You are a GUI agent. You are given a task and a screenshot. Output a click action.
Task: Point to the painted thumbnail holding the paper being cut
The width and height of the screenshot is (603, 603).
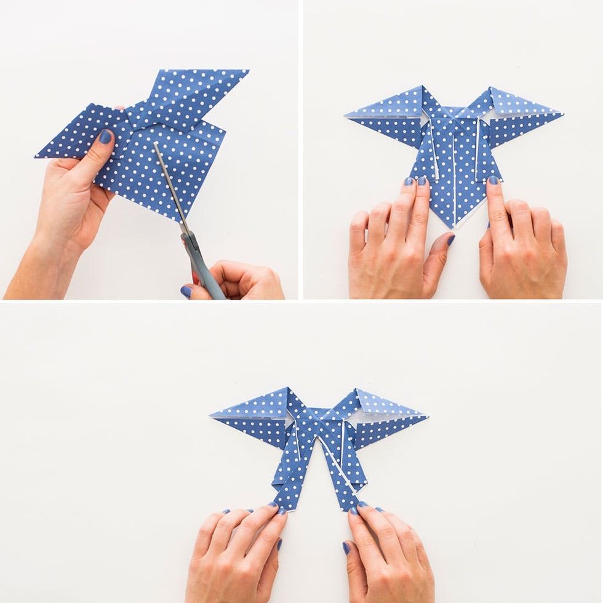[106, 137]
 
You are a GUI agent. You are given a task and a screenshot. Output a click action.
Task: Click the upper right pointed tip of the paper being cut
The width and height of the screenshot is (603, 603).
[247, 71]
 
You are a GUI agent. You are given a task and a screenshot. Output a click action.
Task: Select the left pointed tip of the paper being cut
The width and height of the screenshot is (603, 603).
[37, 156]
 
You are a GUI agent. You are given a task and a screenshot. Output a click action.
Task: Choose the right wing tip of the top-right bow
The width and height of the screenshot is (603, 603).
[561, 113]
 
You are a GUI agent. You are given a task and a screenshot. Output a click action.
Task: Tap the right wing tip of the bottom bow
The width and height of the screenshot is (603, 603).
[426, 417]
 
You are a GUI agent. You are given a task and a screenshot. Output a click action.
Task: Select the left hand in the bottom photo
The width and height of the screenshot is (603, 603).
[237, 554]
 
